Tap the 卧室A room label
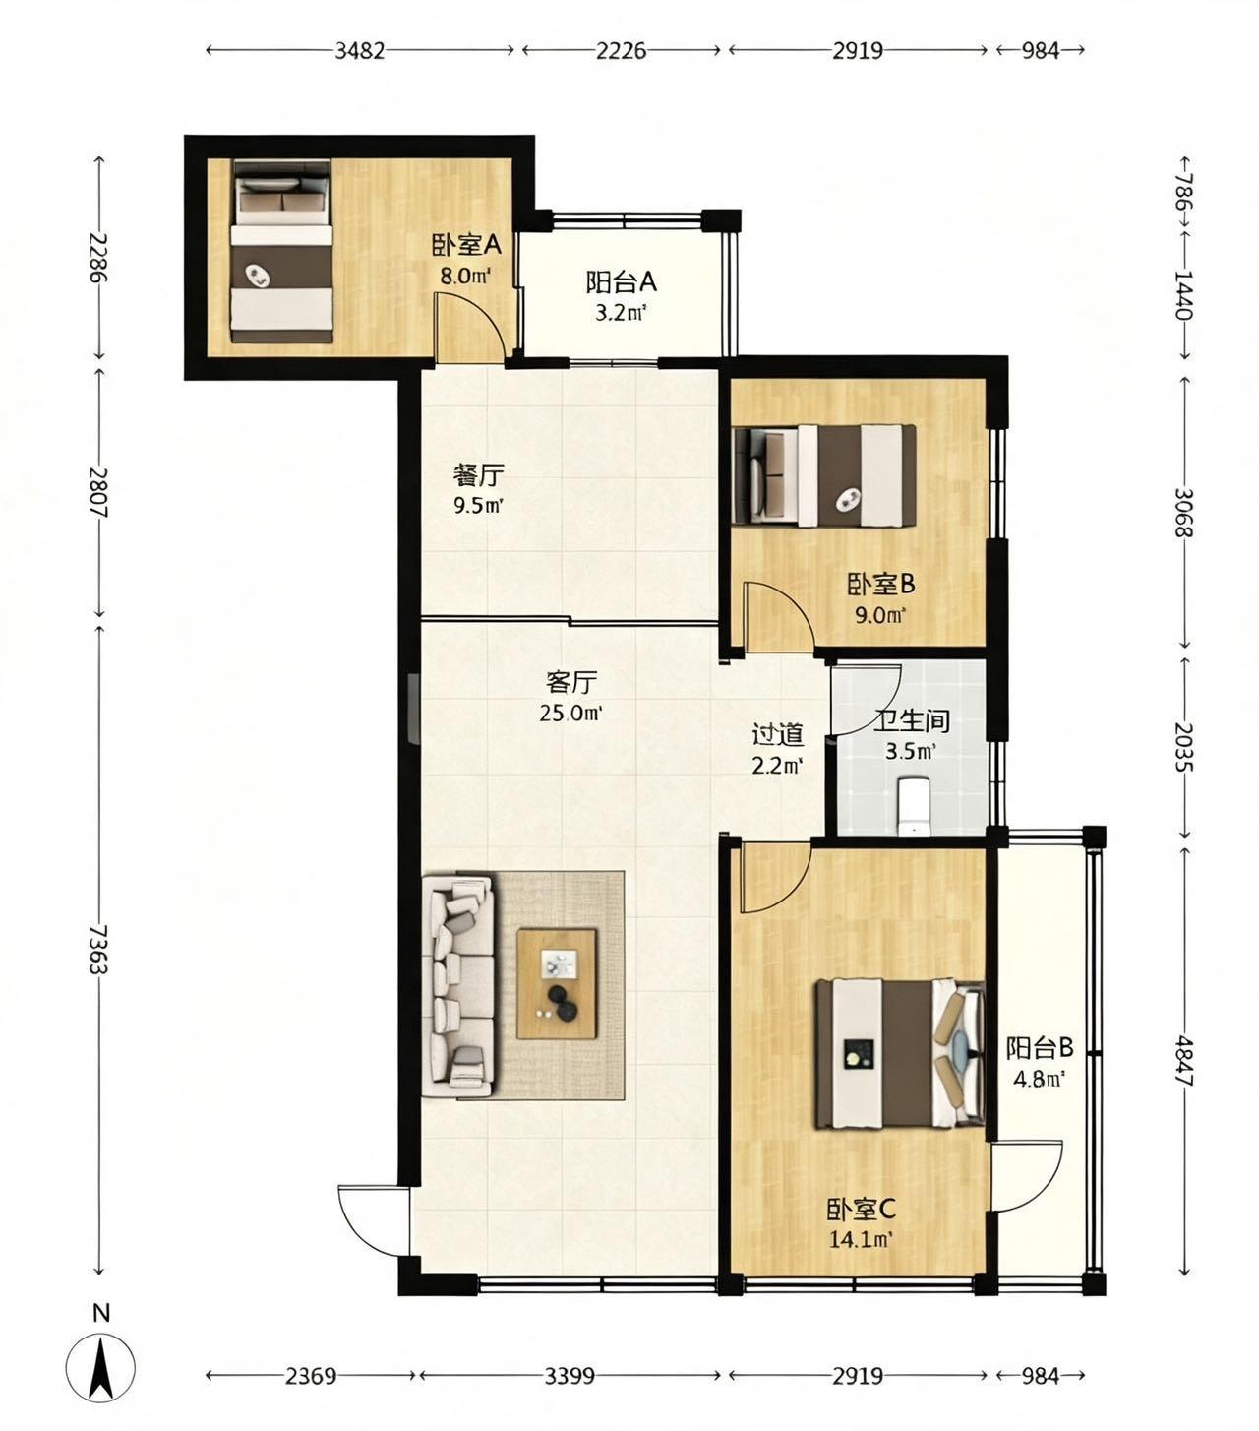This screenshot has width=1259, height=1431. [466, 245]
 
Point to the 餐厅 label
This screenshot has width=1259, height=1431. [479, 475]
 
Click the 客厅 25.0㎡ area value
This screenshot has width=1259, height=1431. [570, 714]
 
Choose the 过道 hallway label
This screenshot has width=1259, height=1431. [777, 734]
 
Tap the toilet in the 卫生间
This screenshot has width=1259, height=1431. [914, 805]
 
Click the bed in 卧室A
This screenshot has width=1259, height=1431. [282, 251]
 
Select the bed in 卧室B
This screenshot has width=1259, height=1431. [824, 475]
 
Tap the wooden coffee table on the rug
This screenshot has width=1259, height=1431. [557, 984]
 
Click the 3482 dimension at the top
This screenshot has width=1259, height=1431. [359, 51]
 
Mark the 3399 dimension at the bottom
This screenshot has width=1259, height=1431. [570, 1376]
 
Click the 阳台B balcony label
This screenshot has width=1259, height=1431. [1040, 1047]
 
